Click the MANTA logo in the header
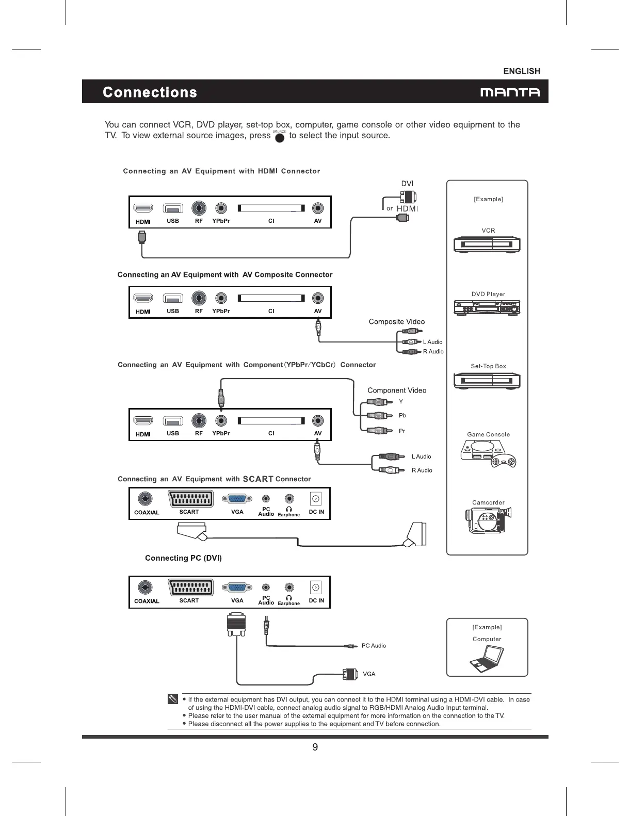(510, 93)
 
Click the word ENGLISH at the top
(521, 71)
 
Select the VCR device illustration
(487, 244)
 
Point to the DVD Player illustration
(487, 308)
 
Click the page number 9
(315, 747)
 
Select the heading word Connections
(150, 92)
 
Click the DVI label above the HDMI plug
(407, 184)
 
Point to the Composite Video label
(396, 322)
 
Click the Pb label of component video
(402, 416)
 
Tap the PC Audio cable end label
(374, 646)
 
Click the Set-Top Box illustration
(487, 381)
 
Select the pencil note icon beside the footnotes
(173, 699)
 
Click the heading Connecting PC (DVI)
(183, 558)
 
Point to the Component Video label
(396, 390)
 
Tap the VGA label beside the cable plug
(369, 674)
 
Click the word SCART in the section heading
(258, 479)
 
